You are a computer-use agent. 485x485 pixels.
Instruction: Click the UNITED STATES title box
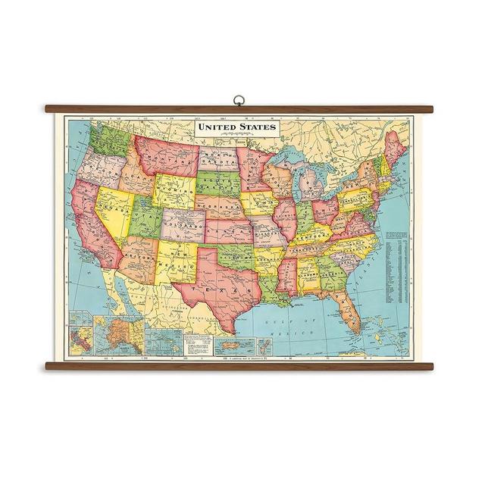point(236,127)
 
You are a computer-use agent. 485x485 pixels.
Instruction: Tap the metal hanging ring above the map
point(239,99)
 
